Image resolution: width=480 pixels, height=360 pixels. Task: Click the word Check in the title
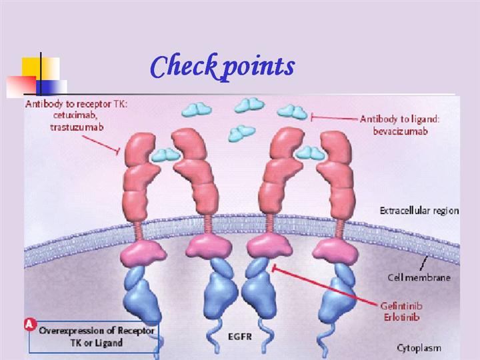coord(182,66)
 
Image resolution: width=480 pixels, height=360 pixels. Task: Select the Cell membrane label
coord(419,277)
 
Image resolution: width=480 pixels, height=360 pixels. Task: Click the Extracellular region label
coord(419,211)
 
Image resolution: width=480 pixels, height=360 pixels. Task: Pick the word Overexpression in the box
coord(73,331)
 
